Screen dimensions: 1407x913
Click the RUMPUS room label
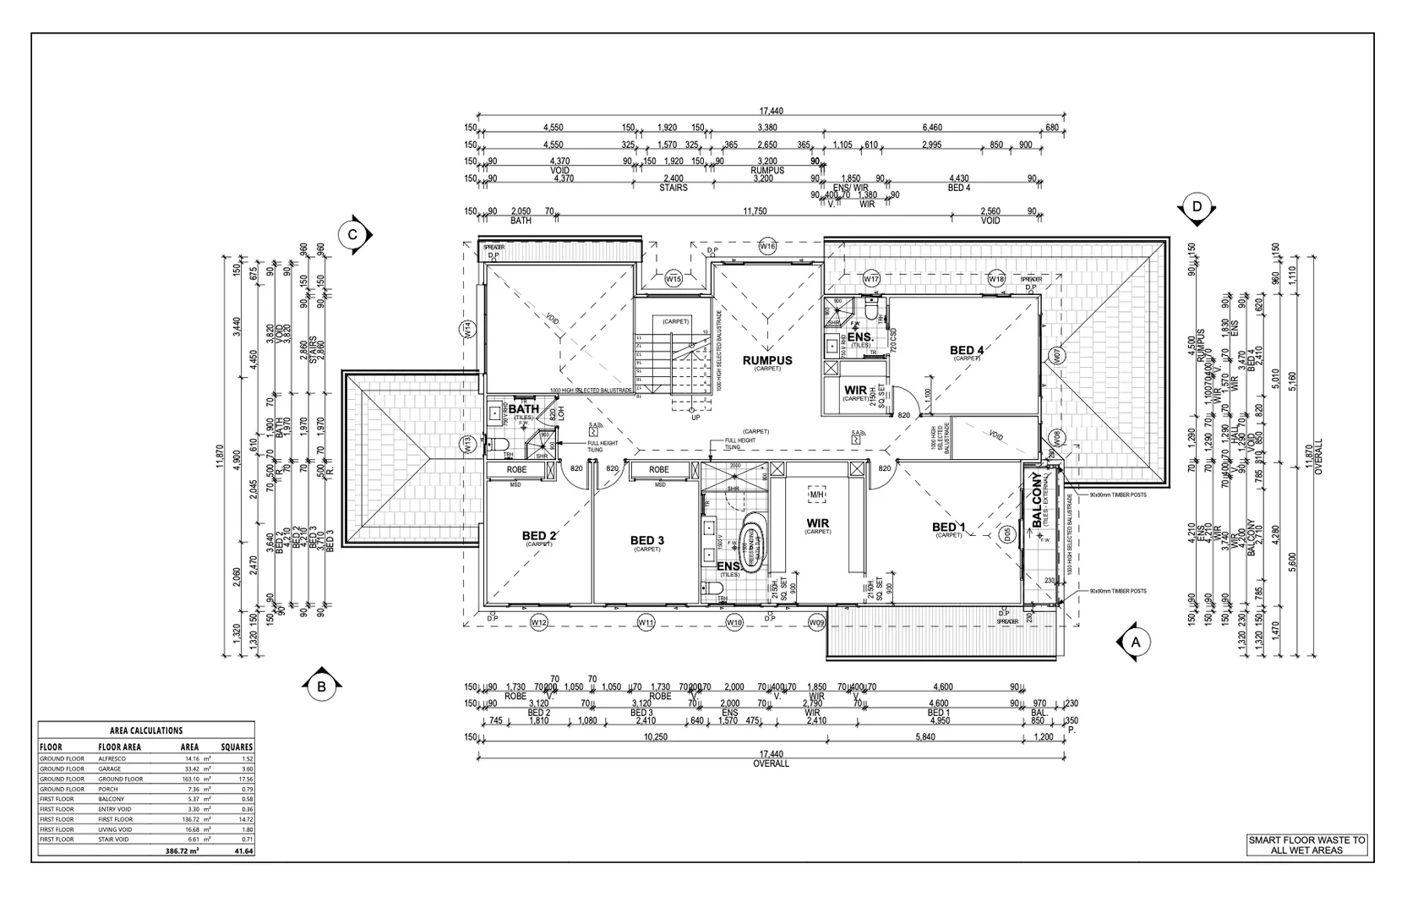click(767, 360)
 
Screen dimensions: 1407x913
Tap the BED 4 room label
click(967, 350)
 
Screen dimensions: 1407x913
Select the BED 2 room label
click(539, 536)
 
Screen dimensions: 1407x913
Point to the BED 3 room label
click(647, 540)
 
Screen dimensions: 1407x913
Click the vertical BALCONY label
click(1037, 500)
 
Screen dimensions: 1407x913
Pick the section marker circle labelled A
click(1136, 642)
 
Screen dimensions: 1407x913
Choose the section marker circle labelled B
click(321, 686)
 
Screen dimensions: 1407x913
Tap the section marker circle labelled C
click(353, 236)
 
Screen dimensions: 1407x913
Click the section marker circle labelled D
click(1197, 206)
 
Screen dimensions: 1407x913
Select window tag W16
click(767, 246)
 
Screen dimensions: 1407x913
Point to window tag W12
click(539, 623)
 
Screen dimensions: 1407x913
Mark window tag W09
click(816, 623)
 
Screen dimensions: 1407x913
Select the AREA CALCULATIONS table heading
click(146, 730)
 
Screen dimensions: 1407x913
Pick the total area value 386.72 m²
click(182, 851)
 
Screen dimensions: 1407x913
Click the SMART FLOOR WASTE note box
click(1306, 845)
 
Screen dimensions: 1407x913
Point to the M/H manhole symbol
click(816, 495)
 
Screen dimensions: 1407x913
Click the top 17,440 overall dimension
click(771, 111)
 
